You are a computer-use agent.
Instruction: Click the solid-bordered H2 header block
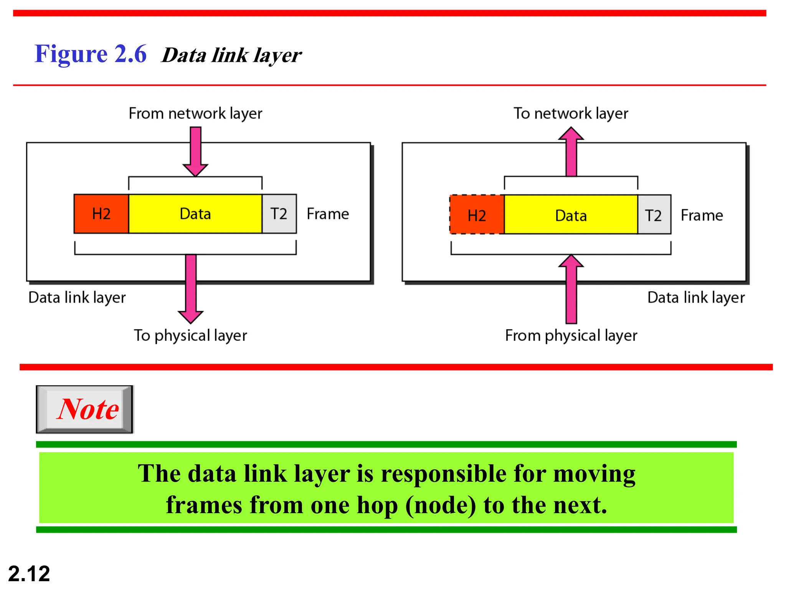pyautogui.click(x=101, y=214)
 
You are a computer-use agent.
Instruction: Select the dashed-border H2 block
pyautogui.click(x=477, y=215)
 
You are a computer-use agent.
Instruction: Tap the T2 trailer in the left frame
pyautogui.click(x=279, y=214)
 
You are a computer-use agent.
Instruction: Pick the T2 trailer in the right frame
pyautogui.click(x=654, y=215)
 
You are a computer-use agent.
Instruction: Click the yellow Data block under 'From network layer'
pyautogui.click(x=195, y=214)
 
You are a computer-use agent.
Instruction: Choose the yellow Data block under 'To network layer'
pyautogui.click(x=571, y=215)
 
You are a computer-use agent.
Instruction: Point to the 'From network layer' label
pyautogui.click(x=195, y=114)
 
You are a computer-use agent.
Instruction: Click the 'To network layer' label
pyautogui.click(x=571, y=114)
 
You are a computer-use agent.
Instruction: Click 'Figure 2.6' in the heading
pyautogui.click(x=91, y=54)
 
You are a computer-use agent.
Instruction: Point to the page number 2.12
pyautogui.click(x=29, y=574)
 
